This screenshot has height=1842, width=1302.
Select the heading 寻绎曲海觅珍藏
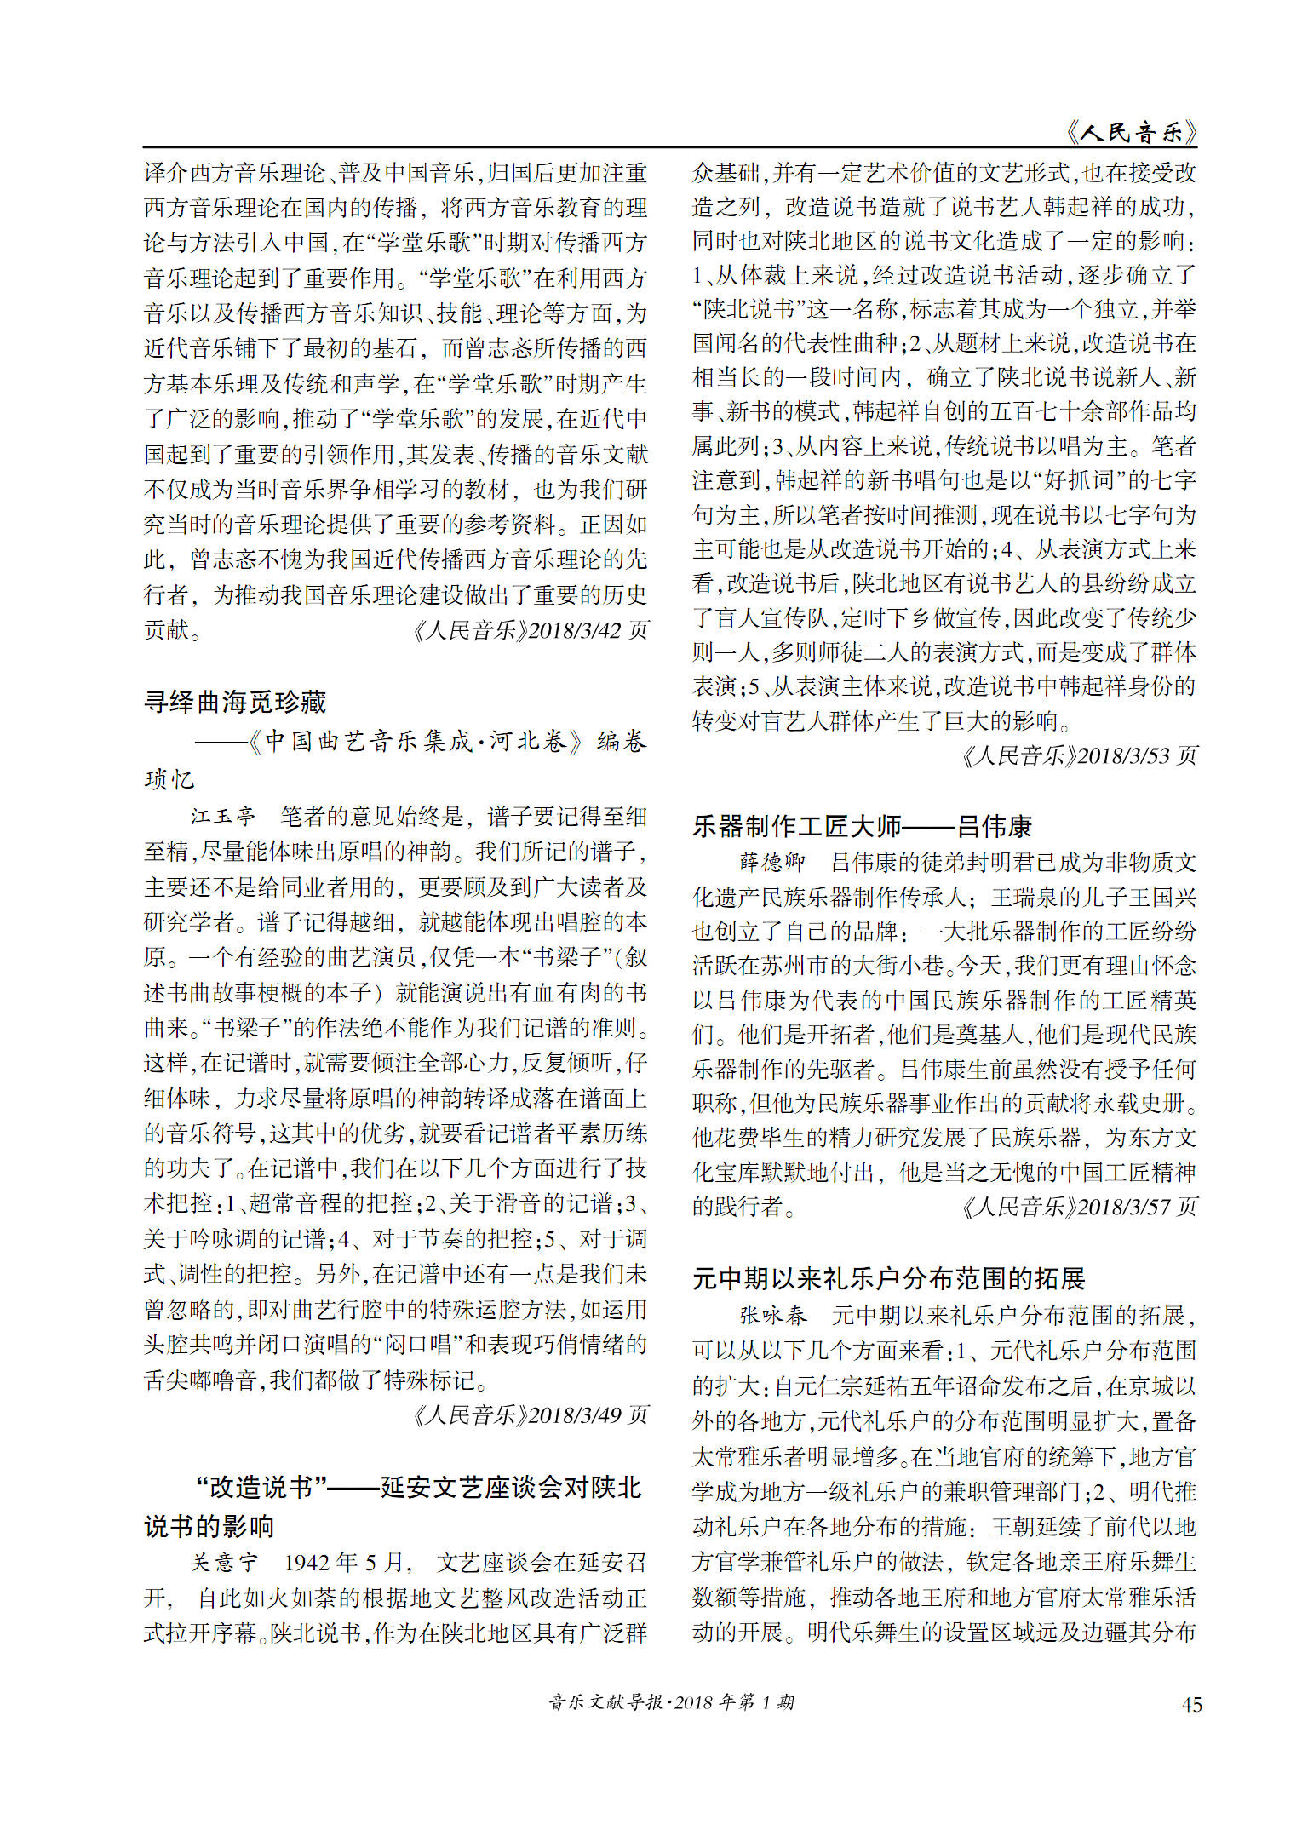click(235, 702)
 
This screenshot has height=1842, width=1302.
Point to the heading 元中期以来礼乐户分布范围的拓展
click(888, 1278)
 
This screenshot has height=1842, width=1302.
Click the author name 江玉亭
click(222, 817)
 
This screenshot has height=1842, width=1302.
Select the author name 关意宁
click(223, 1562)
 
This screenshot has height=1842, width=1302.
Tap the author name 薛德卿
click(771, 862)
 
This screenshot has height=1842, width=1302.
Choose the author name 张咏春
click(771, 1315)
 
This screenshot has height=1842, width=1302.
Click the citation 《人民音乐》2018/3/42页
click(530, 630)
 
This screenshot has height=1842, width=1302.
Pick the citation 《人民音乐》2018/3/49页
click(530, 1414)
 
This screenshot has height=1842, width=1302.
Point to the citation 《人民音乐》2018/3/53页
click(1079, 755)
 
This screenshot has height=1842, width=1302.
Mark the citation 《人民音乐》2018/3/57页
click(1079, 1207)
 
